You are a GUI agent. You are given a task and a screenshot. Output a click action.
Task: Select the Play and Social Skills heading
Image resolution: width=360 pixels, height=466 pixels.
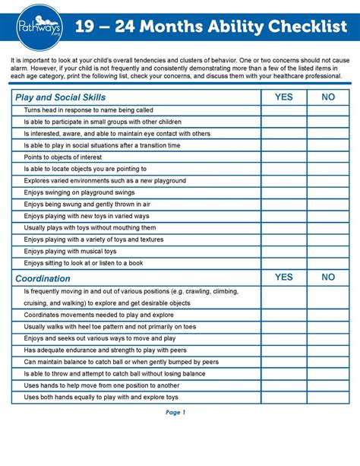click(x=60, y=97)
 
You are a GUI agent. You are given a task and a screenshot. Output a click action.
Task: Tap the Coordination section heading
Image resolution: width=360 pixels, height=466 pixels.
click(x=43, y=278)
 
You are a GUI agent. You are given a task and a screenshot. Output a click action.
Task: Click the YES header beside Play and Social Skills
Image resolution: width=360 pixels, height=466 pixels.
click(x=283, y=97)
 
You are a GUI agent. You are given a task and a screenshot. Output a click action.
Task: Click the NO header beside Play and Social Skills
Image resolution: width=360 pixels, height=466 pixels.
click(x=328, y=97)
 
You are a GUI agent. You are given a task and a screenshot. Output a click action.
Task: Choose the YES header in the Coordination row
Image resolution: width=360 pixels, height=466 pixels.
click(x=283, y=277)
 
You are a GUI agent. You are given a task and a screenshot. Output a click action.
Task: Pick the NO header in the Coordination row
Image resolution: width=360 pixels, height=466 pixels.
click(x=328, y=277)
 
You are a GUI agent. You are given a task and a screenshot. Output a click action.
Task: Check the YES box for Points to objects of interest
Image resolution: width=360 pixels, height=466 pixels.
click(x=283, y=157)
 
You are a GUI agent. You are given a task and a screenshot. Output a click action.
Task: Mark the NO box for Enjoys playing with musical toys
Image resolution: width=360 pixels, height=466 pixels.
click(x=328, y=251)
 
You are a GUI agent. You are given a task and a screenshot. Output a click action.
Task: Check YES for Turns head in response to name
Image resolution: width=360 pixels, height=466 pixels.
click(x=283, y=110)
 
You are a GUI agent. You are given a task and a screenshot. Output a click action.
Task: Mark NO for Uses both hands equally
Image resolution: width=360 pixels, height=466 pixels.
click(x=328, y=397)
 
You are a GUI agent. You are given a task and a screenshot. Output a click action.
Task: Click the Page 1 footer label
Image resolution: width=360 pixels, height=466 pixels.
click(x=175, y=413)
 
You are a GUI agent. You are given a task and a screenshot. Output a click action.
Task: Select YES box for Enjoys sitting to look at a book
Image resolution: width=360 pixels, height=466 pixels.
click(x=283, y=263)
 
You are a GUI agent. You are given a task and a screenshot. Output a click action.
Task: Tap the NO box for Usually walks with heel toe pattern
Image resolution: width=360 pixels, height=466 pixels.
click(x=328, y=327)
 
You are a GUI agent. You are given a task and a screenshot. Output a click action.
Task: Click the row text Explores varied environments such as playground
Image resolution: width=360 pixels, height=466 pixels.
click(x=105, y=181)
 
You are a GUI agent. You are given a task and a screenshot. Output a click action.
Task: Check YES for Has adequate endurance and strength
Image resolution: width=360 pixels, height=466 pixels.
click(x=283, y=350)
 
